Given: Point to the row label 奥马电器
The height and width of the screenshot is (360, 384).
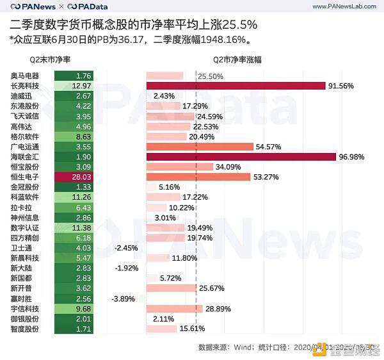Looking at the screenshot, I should point(25,76).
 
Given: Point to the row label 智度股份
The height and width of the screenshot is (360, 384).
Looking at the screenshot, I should point(25,329).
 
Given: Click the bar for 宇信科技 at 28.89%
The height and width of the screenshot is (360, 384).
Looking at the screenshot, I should point(175,309).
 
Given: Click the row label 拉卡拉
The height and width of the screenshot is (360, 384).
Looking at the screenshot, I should point(21,208).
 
